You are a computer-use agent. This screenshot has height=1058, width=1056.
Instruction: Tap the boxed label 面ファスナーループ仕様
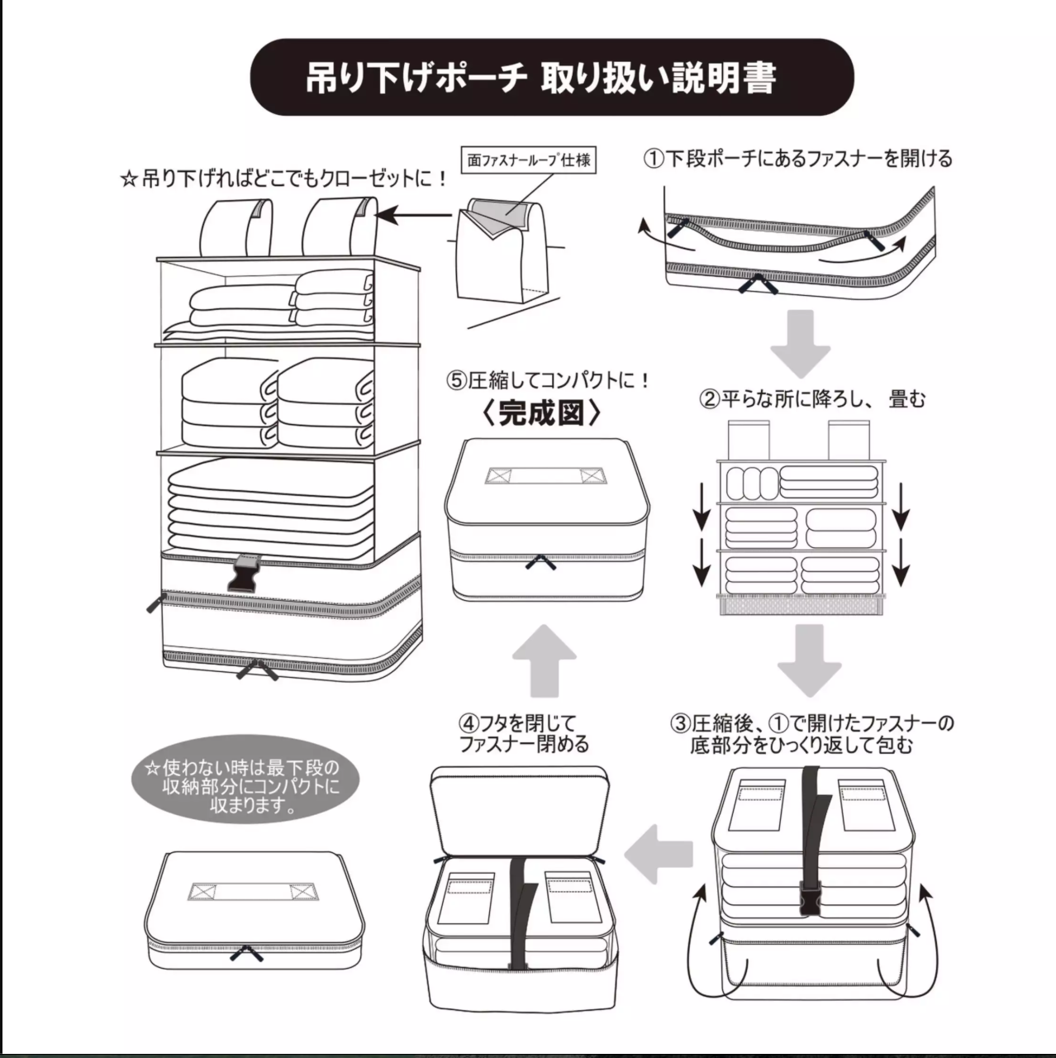tap(529, 160)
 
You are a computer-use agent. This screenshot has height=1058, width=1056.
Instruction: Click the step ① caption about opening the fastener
tap(798, 157)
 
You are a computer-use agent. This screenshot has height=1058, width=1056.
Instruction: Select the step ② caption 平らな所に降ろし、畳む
tap(813, 399)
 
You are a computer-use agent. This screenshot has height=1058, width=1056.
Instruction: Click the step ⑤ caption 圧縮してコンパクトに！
tap(549, 380)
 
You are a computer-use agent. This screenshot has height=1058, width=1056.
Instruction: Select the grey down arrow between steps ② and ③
tap(809, 660)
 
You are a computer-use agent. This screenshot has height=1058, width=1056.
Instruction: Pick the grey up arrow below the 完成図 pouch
tap(543, 659)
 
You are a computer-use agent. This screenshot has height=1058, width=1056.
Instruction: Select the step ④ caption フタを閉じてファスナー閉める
tap(525, 734)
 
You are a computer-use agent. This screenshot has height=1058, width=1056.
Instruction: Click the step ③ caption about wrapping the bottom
tap(811, 734)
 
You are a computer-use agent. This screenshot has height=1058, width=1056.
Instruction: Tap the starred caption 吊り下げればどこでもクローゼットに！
tap(283, 179)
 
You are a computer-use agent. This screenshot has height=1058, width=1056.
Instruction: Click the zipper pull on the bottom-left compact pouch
tap(246, 954)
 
